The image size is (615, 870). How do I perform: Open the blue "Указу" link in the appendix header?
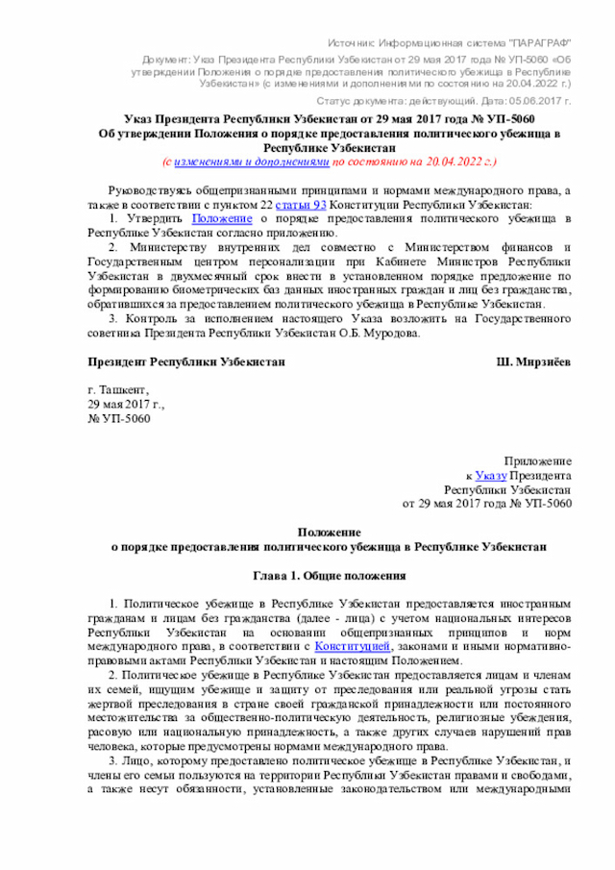[490, 475]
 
